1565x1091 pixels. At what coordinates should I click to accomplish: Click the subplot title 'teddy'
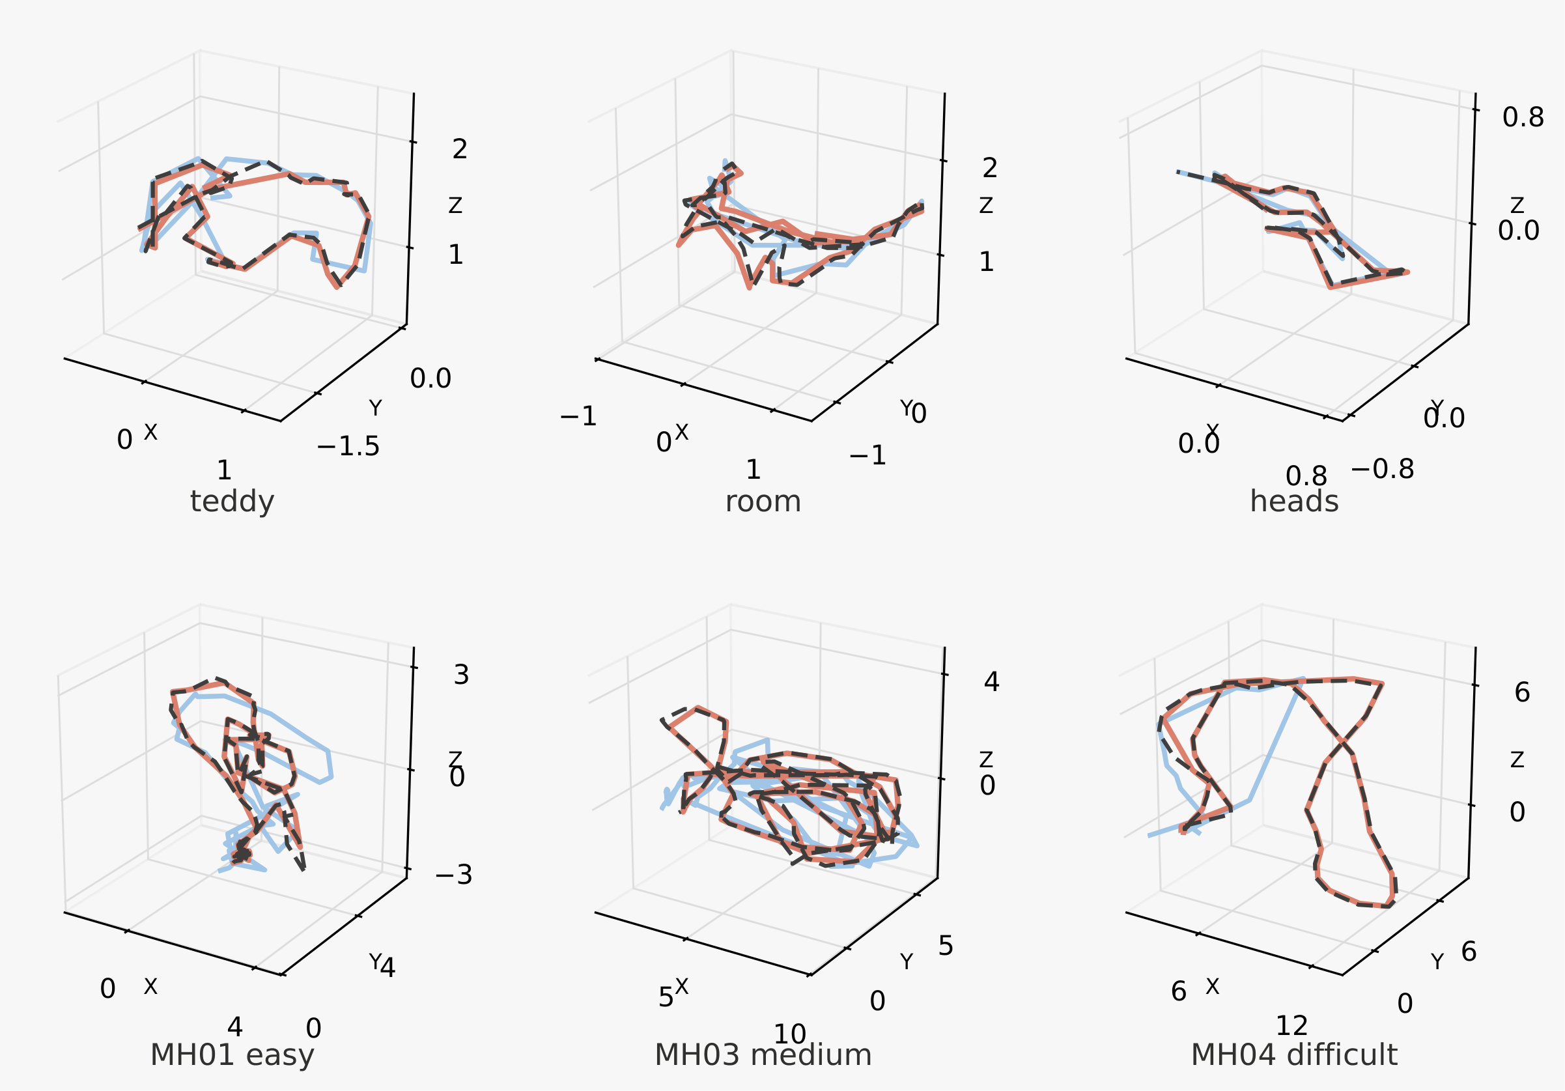(232, 502)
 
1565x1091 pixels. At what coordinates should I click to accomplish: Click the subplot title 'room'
(763, 502)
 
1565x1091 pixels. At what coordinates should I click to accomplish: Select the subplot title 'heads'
(1293, 502)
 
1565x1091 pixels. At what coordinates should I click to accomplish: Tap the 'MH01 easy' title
(232, 1055)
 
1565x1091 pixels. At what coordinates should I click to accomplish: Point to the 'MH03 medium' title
(763, 1055)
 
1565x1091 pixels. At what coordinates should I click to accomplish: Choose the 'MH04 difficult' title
(1293, 1055)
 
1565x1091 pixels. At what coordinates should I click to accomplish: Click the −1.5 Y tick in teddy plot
(348, 447)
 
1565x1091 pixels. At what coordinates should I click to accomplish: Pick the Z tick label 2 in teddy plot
(460, 149)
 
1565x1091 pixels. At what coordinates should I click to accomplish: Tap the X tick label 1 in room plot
(752, 470)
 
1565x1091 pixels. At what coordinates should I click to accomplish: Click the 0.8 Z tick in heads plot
(1523, 118)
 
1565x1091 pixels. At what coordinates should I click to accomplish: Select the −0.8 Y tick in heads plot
(1383, 469)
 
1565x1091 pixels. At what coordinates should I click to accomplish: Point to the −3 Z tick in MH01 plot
(453, 875)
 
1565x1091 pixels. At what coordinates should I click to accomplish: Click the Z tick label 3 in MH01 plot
(462, 675)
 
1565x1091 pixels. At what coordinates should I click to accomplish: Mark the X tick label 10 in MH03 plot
(790, 1034)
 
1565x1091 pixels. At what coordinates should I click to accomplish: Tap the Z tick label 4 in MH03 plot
(992, 682)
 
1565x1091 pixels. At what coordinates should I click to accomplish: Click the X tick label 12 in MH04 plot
(1291, 1025)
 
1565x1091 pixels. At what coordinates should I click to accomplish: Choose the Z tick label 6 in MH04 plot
(1522, 693)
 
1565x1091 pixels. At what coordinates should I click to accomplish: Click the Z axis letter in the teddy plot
(455, 205)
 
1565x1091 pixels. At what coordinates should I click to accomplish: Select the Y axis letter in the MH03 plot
(907, 962)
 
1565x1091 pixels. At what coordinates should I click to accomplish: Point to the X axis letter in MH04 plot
(1212, 987)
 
